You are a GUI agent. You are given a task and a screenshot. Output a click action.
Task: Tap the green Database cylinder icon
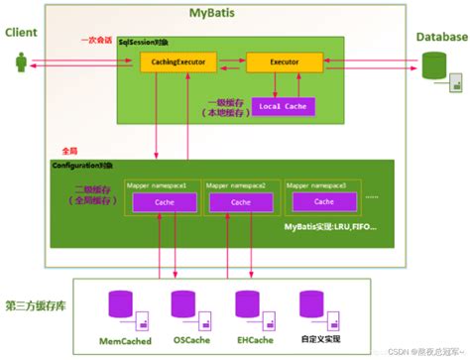tap(433, 66)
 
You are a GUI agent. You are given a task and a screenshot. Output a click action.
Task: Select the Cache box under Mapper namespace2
tap(238, 202)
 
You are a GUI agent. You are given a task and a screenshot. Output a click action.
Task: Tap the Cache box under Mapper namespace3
tap(318, 202)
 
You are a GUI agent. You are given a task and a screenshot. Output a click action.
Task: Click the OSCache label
tap(189, 340)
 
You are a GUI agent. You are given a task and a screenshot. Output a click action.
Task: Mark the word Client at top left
tap(22, 32)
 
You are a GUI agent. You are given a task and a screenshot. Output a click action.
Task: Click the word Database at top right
tap(439, 37)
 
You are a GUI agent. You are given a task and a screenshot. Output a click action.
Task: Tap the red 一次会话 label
tap(95, 41)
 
